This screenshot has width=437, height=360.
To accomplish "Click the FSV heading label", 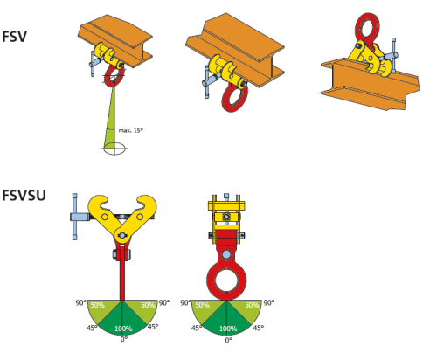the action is [x=14, y=37].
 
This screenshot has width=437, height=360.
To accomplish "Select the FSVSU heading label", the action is [x=24, y=195].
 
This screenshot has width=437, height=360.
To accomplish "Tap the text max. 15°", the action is [x=131, y=130].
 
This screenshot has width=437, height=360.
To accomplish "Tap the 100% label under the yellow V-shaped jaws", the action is [x=123, y=329].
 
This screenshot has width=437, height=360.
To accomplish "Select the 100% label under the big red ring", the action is [x=228, y=329].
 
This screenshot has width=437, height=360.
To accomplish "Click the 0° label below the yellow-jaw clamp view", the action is [x=124, y=339].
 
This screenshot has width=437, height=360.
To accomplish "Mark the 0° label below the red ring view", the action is [x=229, y=340].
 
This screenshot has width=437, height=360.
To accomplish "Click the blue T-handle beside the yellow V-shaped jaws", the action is [x=76, y=217].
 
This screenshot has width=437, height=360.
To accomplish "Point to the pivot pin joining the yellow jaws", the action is [x=121, y=235].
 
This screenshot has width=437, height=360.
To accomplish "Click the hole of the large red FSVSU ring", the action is [x=226, y=280].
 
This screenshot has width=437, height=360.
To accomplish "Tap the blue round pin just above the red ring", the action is [x=226, y=254].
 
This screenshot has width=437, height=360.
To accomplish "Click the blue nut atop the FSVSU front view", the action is [x=226, y=197].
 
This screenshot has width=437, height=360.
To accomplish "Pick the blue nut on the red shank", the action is [x=114, y=254].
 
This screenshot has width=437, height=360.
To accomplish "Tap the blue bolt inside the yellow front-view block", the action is [x=226, y=217].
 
